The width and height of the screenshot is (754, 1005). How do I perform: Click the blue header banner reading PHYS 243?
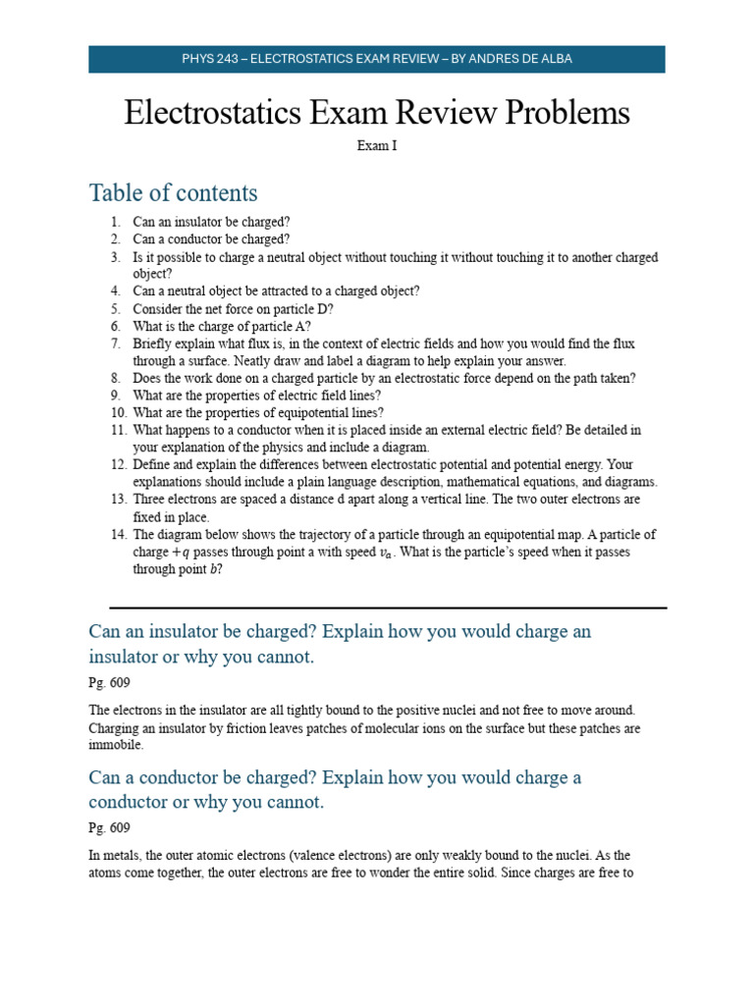(377, 59)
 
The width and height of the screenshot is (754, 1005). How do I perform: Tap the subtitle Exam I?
(376, 146)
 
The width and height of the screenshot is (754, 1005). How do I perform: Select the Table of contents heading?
(173, 192)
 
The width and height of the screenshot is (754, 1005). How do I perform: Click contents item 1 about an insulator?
(211, 222)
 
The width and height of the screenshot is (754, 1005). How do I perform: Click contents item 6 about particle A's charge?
(222, 326)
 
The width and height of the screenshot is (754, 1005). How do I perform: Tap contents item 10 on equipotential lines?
(258, 413)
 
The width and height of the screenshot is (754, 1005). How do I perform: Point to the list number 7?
(115, 344)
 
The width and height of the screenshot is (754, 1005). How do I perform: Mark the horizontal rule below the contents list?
(388, 608)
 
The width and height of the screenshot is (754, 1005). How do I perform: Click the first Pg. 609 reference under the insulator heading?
(109, 682)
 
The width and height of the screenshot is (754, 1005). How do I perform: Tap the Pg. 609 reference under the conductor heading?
(109, 828)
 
